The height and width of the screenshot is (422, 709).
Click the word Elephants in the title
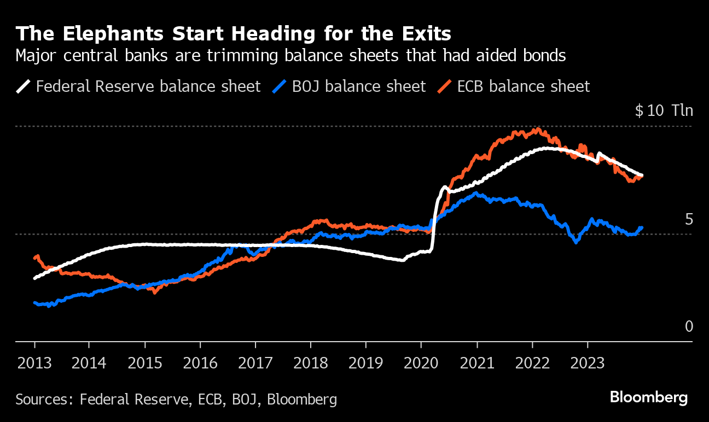point(108,34)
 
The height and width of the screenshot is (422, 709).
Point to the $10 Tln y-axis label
point(664,111)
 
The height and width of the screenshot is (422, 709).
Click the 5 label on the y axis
point(689,219)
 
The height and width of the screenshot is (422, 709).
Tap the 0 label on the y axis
point(689,327)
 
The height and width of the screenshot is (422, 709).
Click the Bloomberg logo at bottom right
point(648,397)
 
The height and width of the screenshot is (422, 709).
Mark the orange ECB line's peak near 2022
point(538,130)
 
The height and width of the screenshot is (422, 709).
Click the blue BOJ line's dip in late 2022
point(576,242)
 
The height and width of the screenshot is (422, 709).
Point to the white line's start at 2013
point(35,278)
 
